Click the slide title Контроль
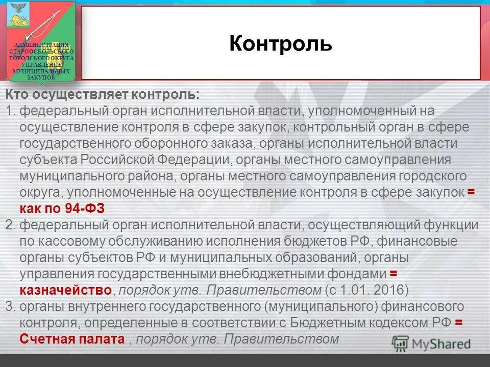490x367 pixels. point(280,44)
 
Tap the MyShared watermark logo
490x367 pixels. point(432,344)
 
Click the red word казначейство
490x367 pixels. point(65,291)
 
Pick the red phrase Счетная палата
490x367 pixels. point(72,339)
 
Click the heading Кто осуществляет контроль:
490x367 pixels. point(103,95)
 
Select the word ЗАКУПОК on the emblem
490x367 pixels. point(41,78)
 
